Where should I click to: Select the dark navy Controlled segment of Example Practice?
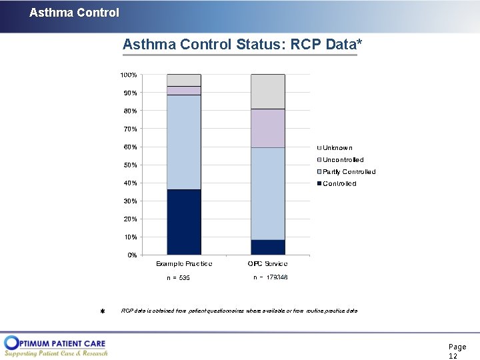point(184,222)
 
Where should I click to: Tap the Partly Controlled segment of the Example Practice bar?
point(184,142)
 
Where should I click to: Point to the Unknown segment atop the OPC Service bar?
point(268,91)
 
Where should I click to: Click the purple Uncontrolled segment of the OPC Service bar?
point(268,128)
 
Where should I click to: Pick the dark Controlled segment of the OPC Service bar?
point(268,247)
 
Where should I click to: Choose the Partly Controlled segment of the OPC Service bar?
point(268,193)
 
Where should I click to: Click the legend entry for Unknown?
point(337,148)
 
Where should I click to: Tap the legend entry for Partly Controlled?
point(349,172)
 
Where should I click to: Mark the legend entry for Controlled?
point(339,184)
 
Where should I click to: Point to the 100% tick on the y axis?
point(129,75)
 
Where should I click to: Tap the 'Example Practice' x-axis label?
point(184,264)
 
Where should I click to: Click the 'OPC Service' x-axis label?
point(268,264)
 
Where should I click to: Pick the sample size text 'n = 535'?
point(178,278)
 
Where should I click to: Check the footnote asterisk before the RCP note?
point(103,312)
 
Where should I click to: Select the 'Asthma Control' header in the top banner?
point(74,13)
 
